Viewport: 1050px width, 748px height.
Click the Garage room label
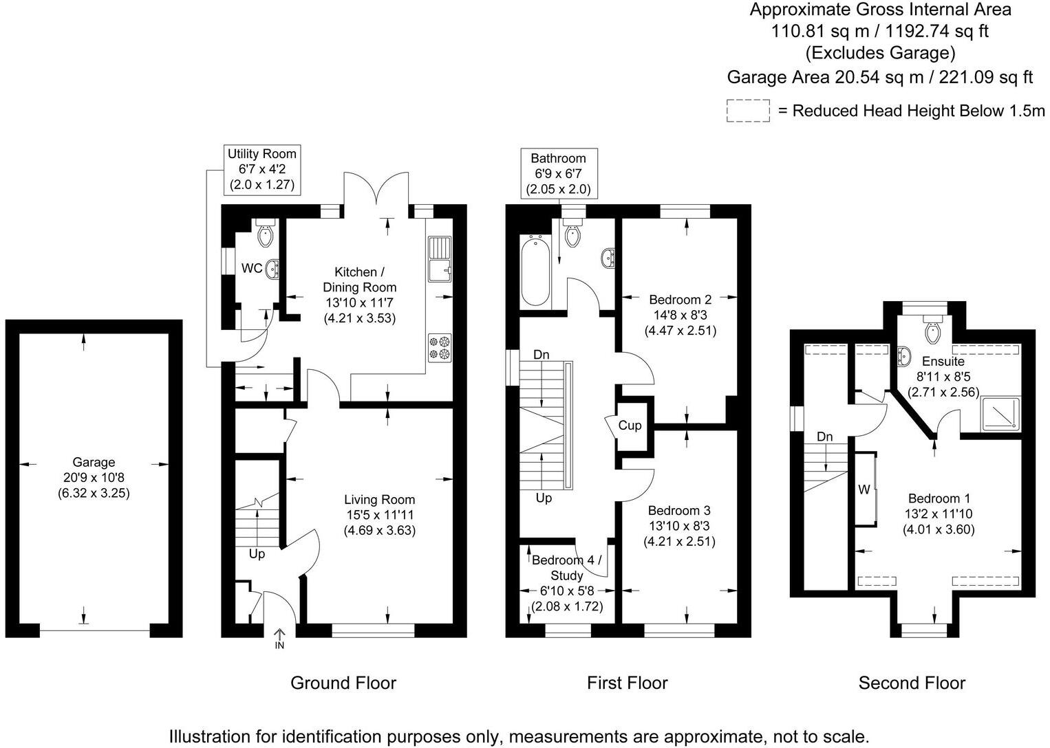94,463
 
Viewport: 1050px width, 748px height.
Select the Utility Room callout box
262,169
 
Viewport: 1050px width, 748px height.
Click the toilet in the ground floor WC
266,234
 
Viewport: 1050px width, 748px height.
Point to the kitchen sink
438,259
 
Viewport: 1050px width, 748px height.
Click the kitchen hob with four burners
438,346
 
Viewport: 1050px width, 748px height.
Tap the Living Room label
380,500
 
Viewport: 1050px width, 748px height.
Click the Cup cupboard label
630,426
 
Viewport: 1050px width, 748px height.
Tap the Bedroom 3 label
679,510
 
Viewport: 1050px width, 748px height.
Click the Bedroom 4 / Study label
567,567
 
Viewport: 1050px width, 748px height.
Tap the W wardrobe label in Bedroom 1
864,490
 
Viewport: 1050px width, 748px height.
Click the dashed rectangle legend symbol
747,111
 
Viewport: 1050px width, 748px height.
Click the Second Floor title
912,683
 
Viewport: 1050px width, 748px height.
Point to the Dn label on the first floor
542,355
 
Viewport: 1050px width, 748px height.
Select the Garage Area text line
880,77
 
